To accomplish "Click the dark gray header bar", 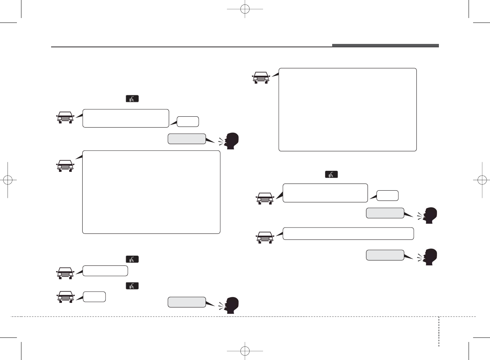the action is click(x=385, y=46).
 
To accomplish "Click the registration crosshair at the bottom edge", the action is click(x=245, y=351).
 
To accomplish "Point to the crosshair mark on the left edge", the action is click(x=8, y=180).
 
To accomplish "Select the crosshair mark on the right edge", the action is click(x=482, y=180).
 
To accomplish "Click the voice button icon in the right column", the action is click(x=331, y=175).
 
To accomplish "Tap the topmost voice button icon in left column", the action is click(x=132, y=99).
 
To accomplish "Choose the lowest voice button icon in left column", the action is click(x=132, y=286).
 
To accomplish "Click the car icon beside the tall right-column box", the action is click(x=261, y=78).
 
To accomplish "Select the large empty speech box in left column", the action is click(x=151, y=192).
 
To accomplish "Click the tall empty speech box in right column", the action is click(x=348, y=110).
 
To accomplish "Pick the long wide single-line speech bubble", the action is click(x=348, y=233).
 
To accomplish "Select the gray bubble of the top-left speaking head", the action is click(x=186, y=139).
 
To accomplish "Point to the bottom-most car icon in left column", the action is click(x=65, y=297).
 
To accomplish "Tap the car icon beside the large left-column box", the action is click(x=65, y=166).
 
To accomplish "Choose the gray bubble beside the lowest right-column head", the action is click(x=385, y=255).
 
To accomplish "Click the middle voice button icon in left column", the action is click(x=132, y=259).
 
